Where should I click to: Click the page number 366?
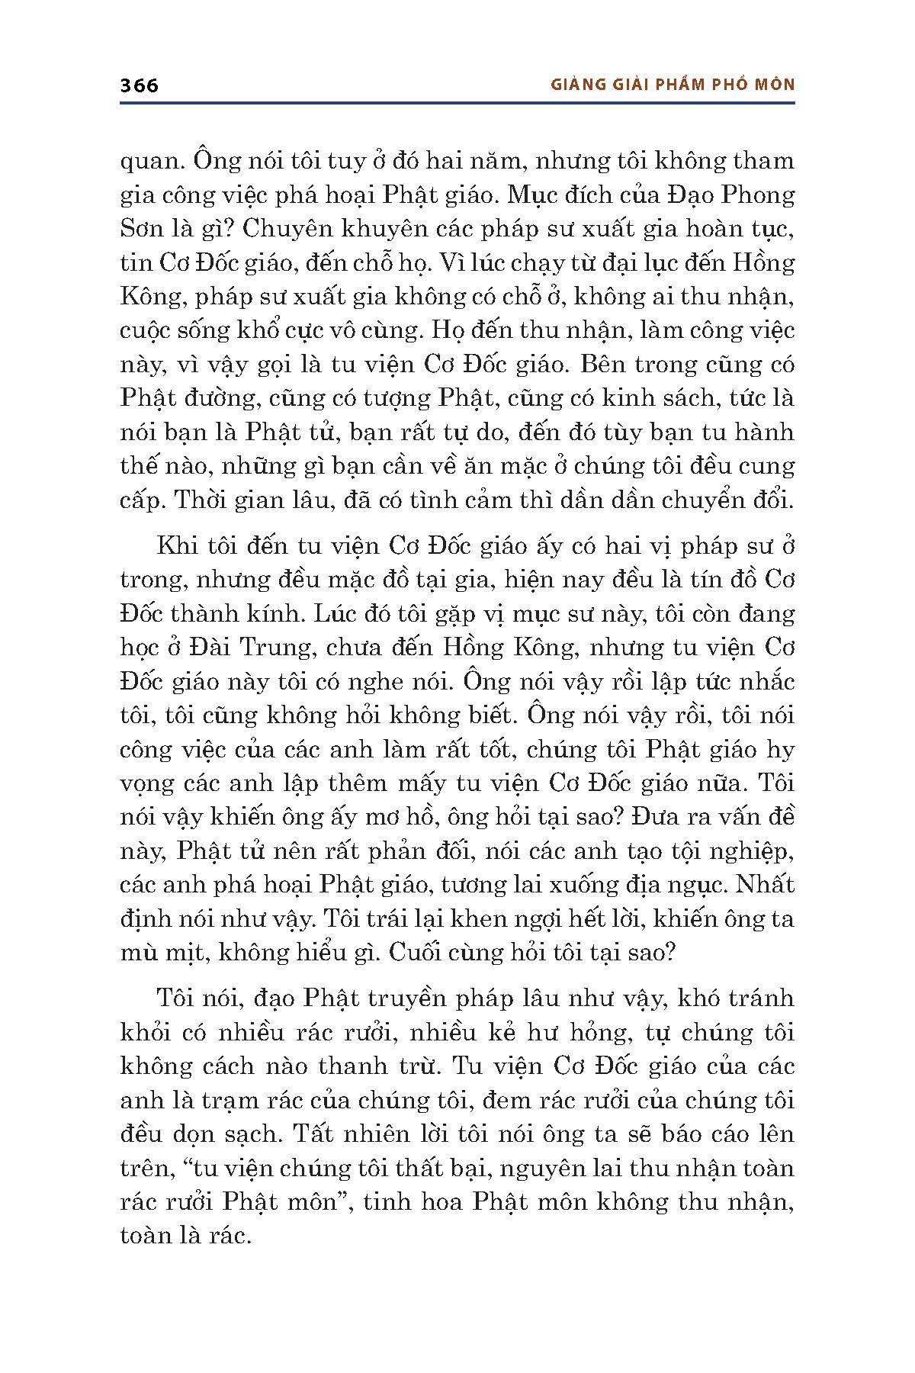140,85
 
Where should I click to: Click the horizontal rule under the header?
457,103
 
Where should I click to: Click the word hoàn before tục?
701,230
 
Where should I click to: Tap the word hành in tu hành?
764,432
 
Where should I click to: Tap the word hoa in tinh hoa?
438,1201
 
